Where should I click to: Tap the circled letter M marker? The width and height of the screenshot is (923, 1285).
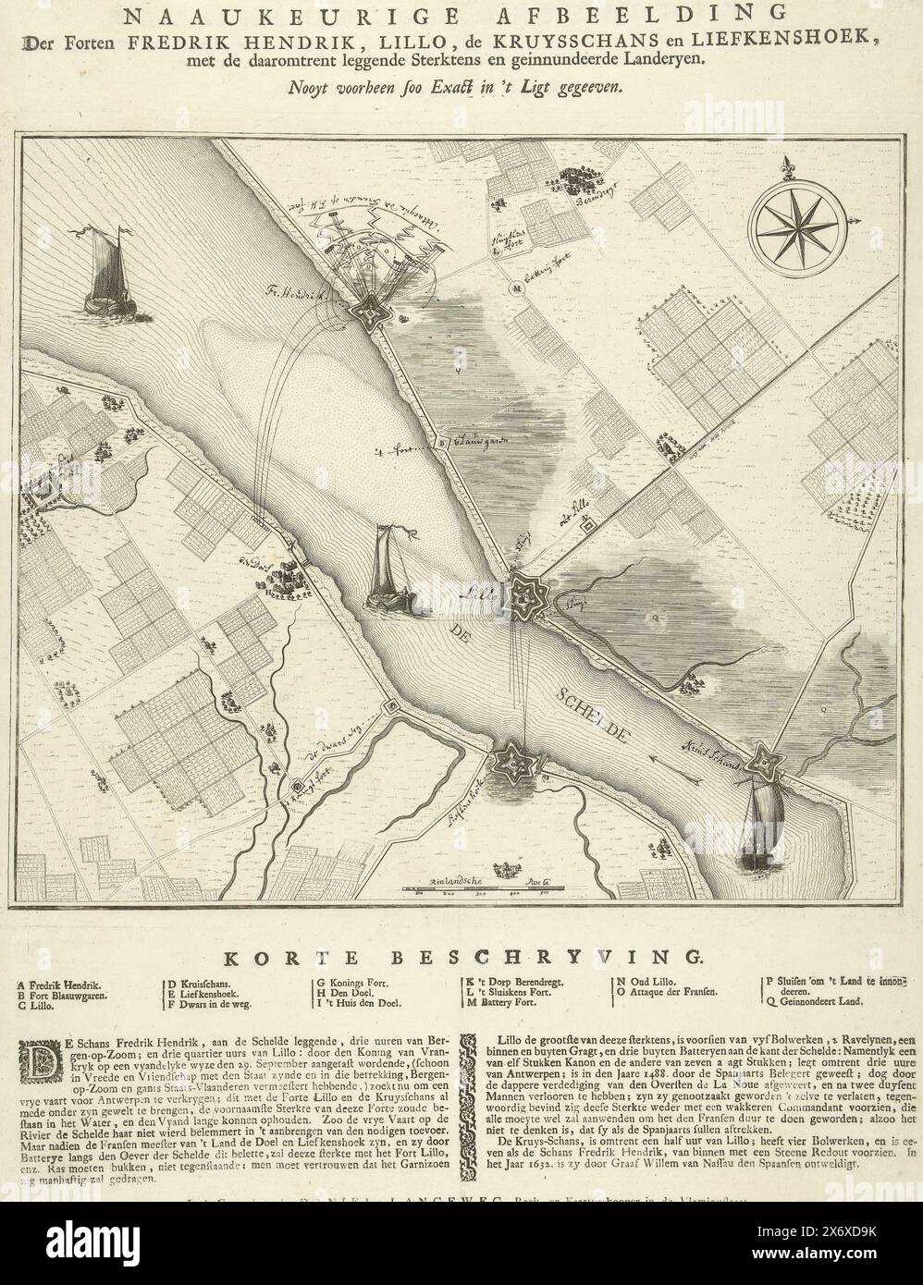(x=518, y=288)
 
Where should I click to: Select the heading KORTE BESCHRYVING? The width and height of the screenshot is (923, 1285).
(x=461, y=955)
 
